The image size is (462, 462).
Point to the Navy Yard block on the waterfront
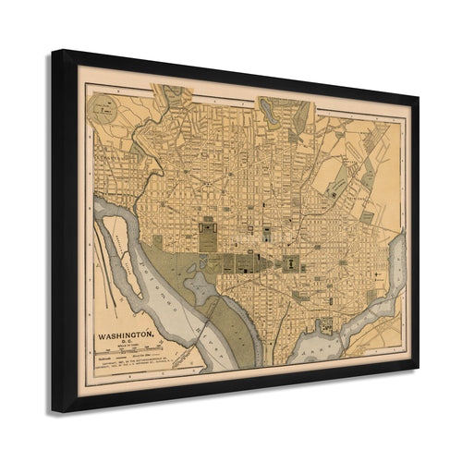click(324, 326)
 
